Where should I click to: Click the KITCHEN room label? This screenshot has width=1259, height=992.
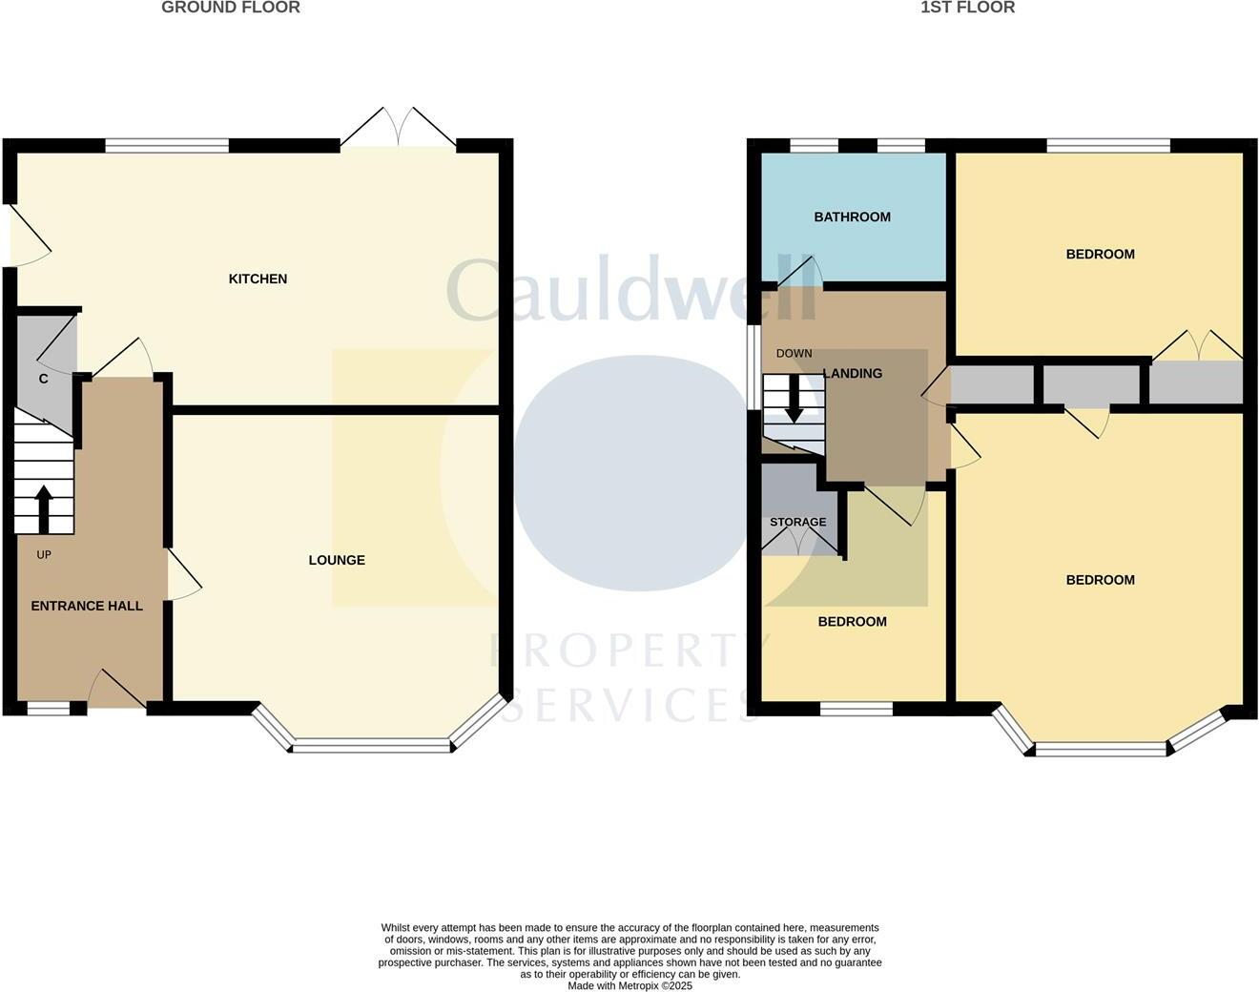click(x=258, y=279)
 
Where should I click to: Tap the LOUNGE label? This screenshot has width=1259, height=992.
click(x=337, y=560)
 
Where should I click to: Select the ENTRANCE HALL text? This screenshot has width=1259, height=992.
click(x=87, y=606)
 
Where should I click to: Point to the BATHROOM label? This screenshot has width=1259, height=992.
click(x=852, y=217)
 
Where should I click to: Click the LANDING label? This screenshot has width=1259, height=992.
click(x=853, y=373)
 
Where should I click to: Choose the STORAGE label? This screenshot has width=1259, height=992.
click(x=797, y=522)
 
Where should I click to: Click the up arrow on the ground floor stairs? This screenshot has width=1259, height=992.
click(x=44, y=508)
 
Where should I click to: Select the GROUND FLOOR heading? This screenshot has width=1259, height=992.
click(x=231, y=8)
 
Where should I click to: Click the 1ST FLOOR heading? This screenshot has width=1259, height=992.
click(x=967, y=8)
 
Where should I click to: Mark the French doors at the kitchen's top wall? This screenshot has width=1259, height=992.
click(x=399, y=128)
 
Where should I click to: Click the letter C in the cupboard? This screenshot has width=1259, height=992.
click(x=43, y=379)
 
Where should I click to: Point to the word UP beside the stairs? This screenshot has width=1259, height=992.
click(x=44, y=554)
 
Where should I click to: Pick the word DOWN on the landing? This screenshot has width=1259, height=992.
click(x=794, y=353)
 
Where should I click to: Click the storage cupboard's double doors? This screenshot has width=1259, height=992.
click(x=800, y=541)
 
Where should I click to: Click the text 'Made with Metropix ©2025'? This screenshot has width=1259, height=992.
click(x=629, y=985)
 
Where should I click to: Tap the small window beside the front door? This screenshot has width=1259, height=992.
click(x=48, y=708)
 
